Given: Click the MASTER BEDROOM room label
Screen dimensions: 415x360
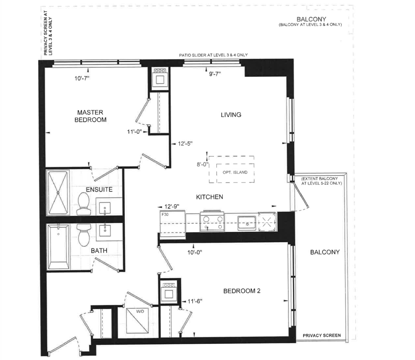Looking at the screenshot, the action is [90, 116].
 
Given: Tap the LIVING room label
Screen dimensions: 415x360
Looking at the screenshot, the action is [231, 115].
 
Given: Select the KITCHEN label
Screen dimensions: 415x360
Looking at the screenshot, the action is [209, 197].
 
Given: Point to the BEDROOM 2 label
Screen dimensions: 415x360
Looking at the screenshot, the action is [242, 291].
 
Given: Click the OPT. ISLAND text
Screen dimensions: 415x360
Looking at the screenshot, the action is [235, 172].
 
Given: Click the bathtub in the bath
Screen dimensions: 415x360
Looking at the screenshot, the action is [59, 247].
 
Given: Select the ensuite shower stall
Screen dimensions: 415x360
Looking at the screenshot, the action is [58, 192].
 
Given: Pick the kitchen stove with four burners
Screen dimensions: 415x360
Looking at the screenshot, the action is [212, 221].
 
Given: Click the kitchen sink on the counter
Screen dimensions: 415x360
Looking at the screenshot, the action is [247, 223].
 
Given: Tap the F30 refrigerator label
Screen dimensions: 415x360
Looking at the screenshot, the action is [165, 214].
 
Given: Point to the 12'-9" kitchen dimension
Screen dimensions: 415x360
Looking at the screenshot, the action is [172, 207].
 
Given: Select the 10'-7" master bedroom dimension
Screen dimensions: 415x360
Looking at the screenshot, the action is [82, 78].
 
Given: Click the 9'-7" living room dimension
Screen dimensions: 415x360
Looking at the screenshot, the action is [215, 74].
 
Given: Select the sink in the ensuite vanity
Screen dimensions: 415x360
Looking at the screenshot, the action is [105, 208].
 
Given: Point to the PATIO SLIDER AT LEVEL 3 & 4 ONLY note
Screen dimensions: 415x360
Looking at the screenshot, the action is [213, 55].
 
